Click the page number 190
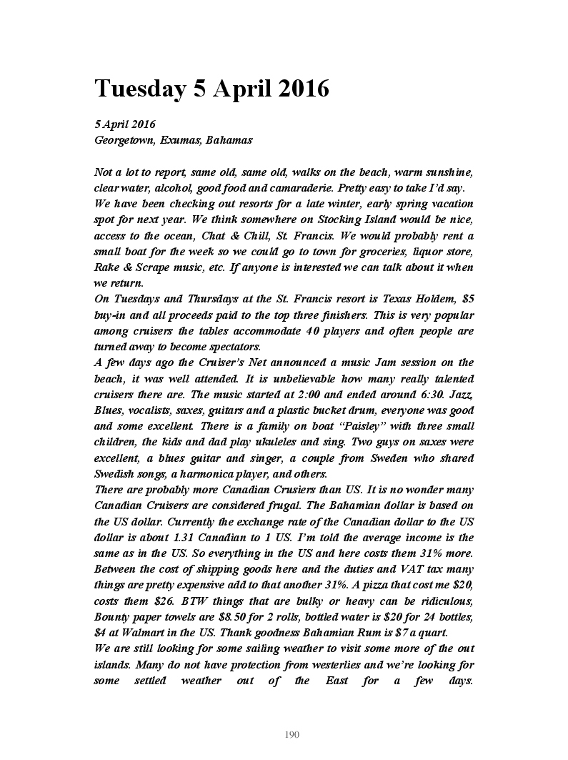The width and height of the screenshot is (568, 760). point(292,734)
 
